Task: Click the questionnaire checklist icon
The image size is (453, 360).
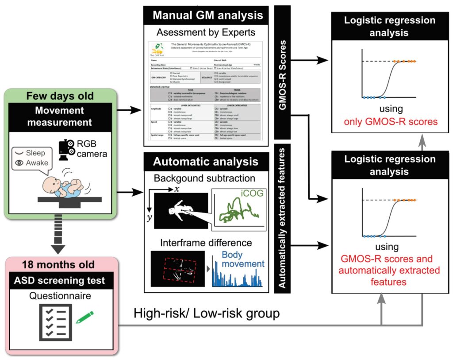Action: pyautogui.click(x=54, y=320)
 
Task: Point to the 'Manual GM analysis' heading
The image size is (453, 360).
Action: pyautogui.click(x=207, y=15)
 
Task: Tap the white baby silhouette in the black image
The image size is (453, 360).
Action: pyautogui.click(x=179, y=211)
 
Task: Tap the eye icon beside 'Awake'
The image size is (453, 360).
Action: pyautogui.click(x=19, y=163)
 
